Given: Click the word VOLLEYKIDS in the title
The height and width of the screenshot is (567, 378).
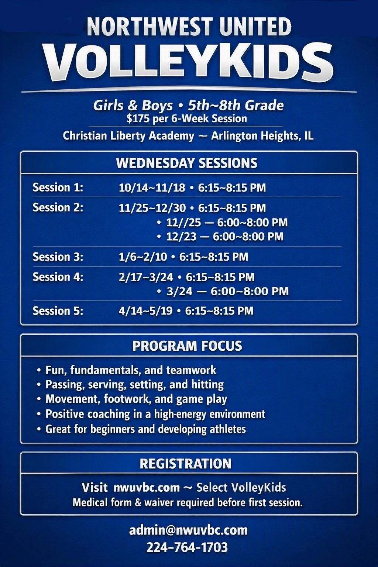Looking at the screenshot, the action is [189, 62].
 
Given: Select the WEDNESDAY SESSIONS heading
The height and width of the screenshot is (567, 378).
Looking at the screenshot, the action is [187, 163].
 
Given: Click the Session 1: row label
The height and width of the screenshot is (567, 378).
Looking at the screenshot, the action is [58, 188].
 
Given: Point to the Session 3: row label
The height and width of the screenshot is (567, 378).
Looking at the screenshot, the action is [58, 257].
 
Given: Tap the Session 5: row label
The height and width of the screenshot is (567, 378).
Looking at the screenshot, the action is [58, 311].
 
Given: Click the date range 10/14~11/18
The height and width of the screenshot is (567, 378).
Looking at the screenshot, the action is [152, 188].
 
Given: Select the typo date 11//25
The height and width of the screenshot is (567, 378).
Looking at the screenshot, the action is [183, 223].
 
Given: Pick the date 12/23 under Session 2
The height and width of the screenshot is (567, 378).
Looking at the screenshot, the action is [181, 237].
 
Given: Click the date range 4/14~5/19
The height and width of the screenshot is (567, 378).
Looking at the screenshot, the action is [145, 311].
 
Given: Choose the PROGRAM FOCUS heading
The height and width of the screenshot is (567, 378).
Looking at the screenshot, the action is [187, 346].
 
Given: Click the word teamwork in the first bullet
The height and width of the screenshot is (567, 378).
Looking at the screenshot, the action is [191, 370].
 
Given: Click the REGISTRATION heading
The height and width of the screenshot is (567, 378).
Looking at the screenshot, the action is [186, 464].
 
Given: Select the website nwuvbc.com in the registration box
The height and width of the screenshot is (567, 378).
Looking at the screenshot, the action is [147, 488].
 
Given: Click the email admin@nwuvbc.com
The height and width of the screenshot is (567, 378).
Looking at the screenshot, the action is [188, 530].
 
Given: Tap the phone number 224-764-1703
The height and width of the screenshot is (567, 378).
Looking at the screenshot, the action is [187, 547].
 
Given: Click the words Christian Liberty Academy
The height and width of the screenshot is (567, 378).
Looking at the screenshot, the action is [128, 136].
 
